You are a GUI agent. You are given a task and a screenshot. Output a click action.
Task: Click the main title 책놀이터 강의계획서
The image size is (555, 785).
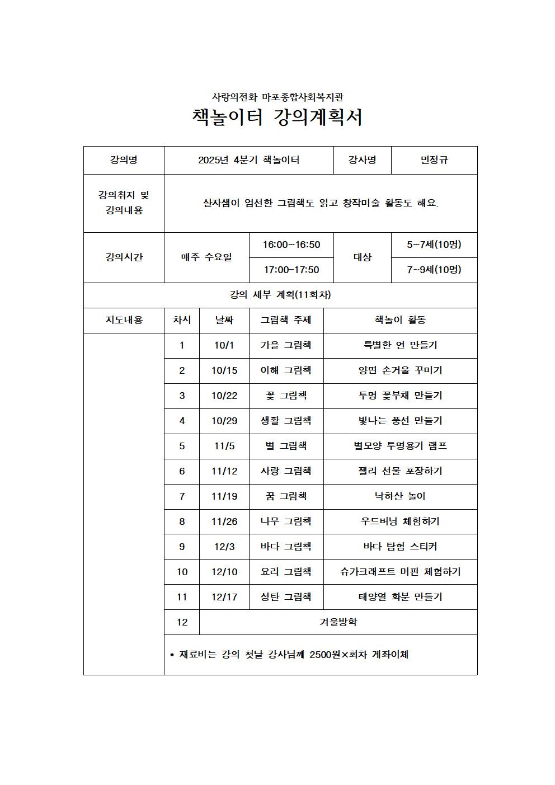[x=277, y=117]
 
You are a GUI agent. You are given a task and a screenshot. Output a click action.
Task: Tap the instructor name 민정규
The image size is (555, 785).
[x=434, y=160]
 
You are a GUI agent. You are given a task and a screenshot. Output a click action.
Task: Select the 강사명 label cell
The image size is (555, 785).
[x=362, y=160]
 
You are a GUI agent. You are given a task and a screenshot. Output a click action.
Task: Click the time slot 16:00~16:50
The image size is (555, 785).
[x=291, y=245]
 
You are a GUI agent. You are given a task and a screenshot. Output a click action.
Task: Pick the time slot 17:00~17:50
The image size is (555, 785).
[x=291, y=270]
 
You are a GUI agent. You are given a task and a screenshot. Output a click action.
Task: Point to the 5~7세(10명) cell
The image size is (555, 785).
[x=434, y=245]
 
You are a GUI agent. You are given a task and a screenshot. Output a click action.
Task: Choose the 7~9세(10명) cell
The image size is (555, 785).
[x=434, y=270]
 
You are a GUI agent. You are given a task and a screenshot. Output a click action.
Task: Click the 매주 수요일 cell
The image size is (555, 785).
[x=206, y=257]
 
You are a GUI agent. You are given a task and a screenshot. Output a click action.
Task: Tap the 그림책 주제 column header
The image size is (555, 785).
[x=286, y=320]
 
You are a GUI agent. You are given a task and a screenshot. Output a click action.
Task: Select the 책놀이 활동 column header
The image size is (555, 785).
[x=400, y=320]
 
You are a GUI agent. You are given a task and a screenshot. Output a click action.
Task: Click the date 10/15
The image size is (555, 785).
[x=224, y=370]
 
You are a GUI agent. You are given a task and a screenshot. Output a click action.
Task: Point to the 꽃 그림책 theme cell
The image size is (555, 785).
[x=286, y=396]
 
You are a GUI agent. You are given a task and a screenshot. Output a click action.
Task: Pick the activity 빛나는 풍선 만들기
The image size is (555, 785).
[x=400, y=421]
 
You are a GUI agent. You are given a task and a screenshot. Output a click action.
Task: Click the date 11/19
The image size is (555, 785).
[x=224, y=496]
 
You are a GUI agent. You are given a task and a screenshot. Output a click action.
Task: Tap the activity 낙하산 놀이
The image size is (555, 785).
[x=400, y=496]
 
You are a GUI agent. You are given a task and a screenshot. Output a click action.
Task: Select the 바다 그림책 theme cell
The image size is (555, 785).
[x=286, y=547]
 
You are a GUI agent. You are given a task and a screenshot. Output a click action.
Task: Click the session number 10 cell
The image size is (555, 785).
[x=182, y=572]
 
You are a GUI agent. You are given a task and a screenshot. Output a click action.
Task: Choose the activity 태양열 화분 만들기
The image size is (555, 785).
[x=400, y=597]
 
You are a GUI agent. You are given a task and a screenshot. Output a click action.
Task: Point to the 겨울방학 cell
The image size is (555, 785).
[x=338, y=622]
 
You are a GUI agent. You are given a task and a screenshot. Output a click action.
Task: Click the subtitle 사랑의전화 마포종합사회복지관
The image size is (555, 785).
[x=277, y=97]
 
